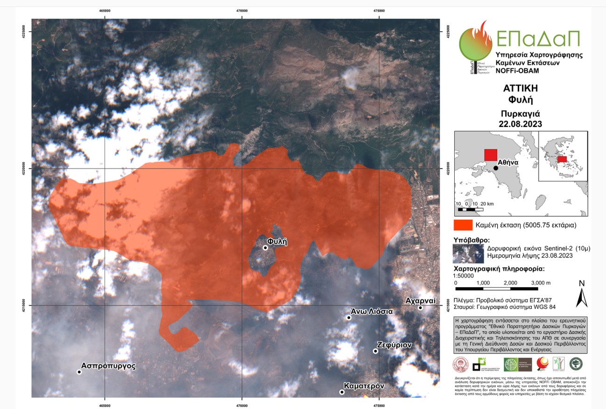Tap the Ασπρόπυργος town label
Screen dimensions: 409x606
(108, 366)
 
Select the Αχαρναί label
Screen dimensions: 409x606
(420, 300)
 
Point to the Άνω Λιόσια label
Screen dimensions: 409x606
(372, 312)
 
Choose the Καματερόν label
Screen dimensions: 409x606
(364, 386)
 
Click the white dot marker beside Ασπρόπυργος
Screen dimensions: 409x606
(79, 372)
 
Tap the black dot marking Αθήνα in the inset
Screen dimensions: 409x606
(496, 168)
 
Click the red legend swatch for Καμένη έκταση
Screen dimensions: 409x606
(463, 225)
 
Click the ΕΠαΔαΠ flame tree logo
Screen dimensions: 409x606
(475, 44)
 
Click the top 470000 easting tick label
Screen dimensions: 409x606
(242, 10)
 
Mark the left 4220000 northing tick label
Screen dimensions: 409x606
(28, 168)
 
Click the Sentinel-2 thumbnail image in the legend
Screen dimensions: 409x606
(468, 253)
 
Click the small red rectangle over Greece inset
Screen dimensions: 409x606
(562, 159)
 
